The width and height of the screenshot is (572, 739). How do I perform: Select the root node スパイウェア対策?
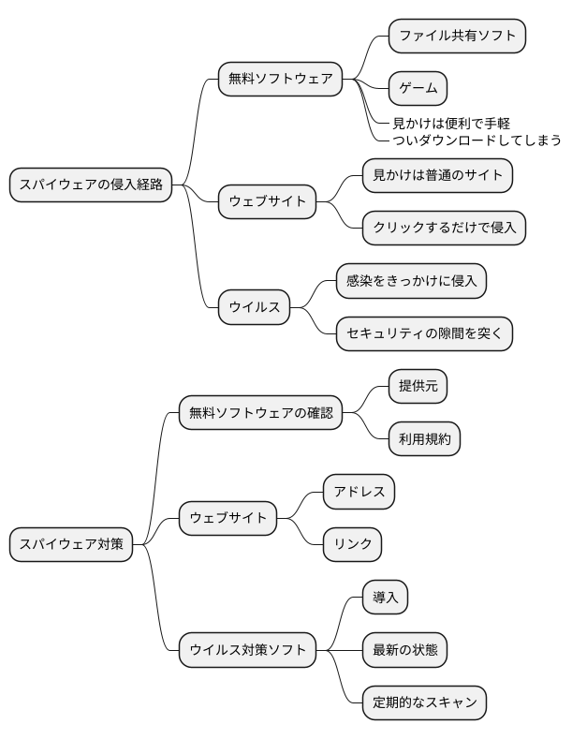[x=70, y=544]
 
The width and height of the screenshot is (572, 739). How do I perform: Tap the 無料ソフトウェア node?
[x=280, y=79]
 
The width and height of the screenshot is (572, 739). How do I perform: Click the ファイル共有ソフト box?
[x=457, y=36]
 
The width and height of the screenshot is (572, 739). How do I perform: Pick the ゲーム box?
[x=418, y=88]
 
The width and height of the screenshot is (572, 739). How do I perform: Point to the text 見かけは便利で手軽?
[x=450, y=124]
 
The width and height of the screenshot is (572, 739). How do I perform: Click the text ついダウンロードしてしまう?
[x=477, y=140]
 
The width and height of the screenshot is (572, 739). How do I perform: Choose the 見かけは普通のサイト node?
[x=437, y=174]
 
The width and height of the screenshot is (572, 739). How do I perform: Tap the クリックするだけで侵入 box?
[x=444, y=227]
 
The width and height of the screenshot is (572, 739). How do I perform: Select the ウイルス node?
[x=255, y=307]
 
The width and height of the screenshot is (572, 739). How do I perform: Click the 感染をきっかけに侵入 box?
[x=411, y=280]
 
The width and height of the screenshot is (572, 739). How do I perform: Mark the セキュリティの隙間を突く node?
[x=424, y=333]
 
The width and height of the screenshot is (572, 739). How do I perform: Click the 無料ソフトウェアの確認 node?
[x=260, y=411]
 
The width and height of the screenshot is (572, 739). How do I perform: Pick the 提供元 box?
[x=418, y=385]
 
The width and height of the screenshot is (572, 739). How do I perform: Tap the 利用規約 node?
[x=424, y=438]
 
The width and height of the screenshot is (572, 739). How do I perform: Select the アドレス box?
[x=359, y=491]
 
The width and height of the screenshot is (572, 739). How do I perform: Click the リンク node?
[x=352, y=543]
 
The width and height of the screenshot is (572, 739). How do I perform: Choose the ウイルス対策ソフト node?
[x=247, y=649]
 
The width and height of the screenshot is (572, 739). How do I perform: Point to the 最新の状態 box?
[x=404, y=649]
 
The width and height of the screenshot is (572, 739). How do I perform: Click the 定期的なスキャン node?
[x=424, y=702]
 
